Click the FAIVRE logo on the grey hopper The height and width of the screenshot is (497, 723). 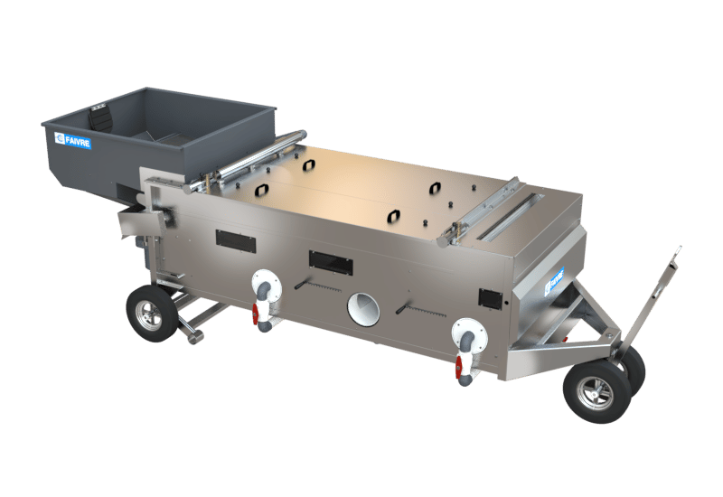[73, 140]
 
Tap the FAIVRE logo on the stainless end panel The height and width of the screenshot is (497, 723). [554, 281]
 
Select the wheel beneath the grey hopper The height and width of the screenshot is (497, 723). [152, 313]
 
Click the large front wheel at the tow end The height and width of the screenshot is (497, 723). [596, 391]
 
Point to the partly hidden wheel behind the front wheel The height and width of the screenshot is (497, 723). [635, 369]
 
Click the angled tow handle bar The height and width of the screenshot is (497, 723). [653, 300]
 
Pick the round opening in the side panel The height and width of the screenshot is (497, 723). [364, 308]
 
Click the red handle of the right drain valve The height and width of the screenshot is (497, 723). [458, 368]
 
